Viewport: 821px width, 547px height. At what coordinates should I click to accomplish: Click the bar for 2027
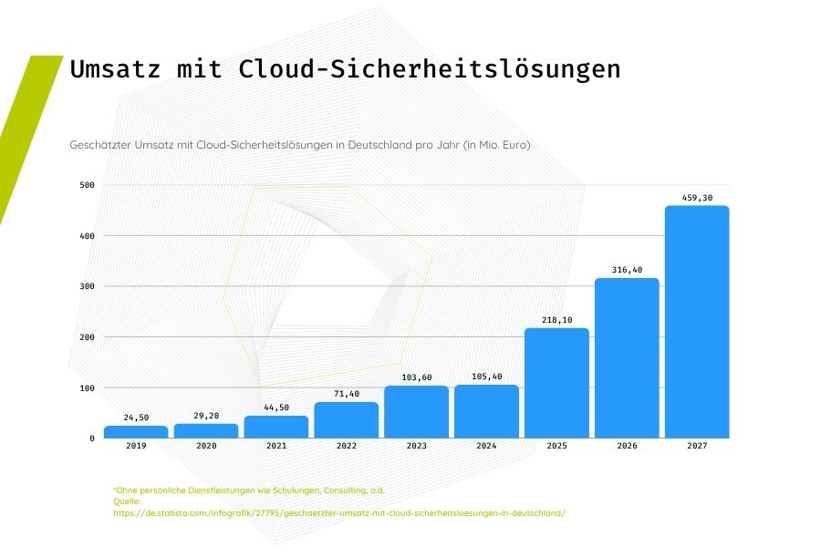(697, 322)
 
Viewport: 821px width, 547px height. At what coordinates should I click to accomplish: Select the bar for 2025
(556, 383)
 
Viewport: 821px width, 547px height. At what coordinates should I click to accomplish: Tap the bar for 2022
(347, 419)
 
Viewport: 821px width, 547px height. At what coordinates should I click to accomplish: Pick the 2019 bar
(136, 431)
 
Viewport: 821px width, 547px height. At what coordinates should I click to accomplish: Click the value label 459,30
(697, 197)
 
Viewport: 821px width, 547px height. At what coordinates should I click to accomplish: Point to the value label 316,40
(627, 270)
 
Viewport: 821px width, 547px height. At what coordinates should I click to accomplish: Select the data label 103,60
(417, 377)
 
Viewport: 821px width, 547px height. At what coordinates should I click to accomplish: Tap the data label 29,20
(206, 415)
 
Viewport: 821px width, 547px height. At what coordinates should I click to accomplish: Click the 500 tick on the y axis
(88, 186)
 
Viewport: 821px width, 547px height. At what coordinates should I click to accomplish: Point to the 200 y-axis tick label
(88, 337)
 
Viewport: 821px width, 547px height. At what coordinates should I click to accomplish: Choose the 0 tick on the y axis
(91, 439)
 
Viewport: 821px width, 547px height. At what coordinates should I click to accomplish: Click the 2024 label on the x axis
(487, 447)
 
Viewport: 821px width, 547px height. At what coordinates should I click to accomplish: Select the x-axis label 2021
(276, 447)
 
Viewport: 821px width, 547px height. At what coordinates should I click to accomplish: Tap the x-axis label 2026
(627, 447)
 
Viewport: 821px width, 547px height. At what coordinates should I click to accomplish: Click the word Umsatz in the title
(116, 69)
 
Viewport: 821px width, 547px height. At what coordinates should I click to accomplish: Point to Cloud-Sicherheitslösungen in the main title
(430, 69)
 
